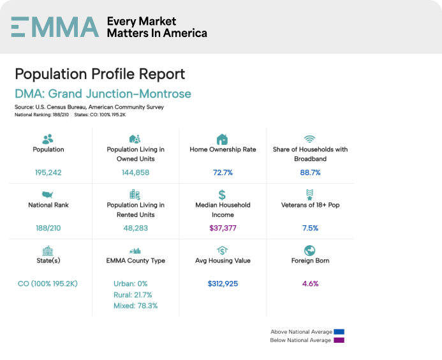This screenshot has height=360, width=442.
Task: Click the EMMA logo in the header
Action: point(55,27)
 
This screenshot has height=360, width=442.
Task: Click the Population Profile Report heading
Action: point(100,73)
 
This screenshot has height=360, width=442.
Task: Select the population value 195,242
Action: point(48,173)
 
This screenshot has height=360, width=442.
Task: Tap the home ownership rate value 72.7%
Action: point(223,173)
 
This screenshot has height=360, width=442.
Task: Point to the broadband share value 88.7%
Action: point(309,173)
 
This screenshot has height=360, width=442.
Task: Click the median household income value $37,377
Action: point(223,228)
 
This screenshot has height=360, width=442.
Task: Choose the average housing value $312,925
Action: point(223,283)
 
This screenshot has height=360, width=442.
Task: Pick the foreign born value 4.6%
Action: point(309,283)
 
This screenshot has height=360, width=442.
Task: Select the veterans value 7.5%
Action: point(309,228)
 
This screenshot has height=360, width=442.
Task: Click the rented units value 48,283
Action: point(135,228)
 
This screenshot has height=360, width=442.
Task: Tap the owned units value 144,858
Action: point(135,173)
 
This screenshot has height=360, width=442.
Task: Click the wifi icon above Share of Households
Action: point(309,139)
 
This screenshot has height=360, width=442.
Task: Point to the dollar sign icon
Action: point(222,195)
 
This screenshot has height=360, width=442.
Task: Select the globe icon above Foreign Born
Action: point(309,250)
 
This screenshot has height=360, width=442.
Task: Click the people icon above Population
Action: point(48,139)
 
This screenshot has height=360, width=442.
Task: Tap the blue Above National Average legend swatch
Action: point(339,332)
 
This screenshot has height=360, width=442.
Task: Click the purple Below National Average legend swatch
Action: point(339,340)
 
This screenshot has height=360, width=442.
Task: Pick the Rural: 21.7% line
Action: point(133,294)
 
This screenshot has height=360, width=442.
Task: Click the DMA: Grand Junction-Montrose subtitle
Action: point(103,94)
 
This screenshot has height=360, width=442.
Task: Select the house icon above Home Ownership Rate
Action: point(222,139)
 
